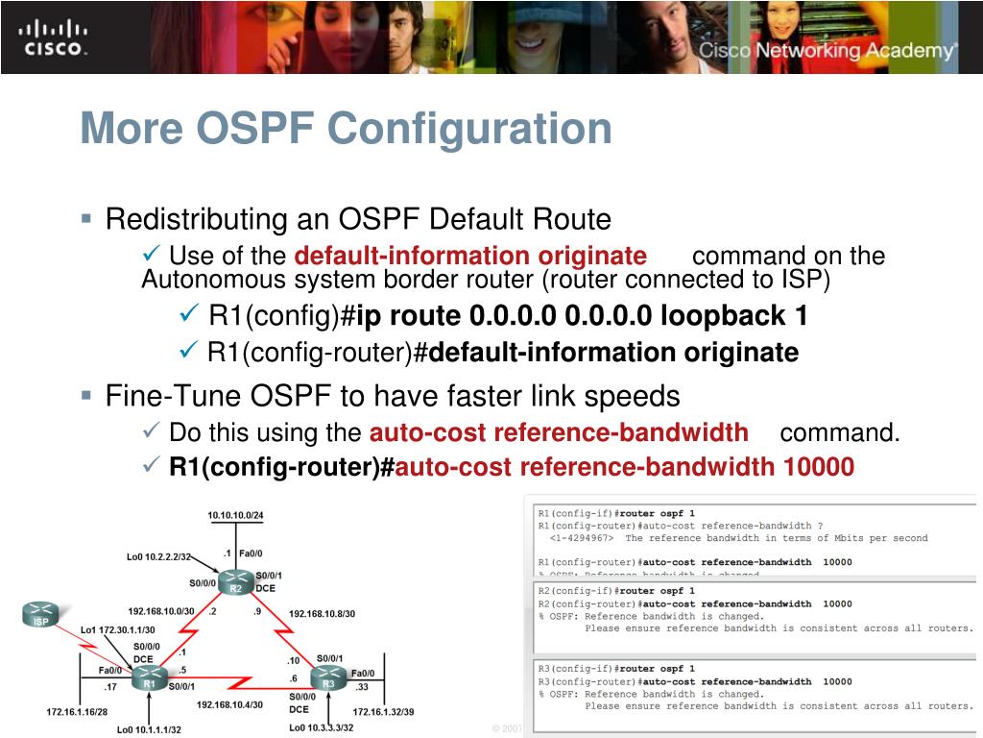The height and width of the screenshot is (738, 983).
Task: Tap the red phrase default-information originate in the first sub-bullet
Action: tap(470, 256)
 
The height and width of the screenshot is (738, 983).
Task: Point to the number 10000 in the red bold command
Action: tap(818, 467)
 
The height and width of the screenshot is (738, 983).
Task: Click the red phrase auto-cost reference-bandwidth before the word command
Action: tap(559, 432)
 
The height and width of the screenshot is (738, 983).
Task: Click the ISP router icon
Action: tap(39, 615)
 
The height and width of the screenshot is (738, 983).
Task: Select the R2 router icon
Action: tap(235, 581)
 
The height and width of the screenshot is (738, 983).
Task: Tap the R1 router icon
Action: tap(150, 676)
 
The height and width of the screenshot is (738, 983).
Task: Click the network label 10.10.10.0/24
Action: tap(235, 516)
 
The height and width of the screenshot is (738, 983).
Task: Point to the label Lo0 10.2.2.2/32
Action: tap(159, 556)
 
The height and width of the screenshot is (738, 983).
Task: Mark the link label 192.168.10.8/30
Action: tap(322, 613)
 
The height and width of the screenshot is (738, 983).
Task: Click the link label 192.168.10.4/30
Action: tap(229, 704)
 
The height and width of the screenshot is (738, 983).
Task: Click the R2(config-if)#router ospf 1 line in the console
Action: tap(616, 591)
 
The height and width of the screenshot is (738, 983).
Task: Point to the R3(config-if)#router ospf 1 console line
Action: tap(616, 669)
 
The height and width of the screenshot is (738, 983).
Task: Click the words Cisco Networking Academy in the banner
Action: tap(826, 50)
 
